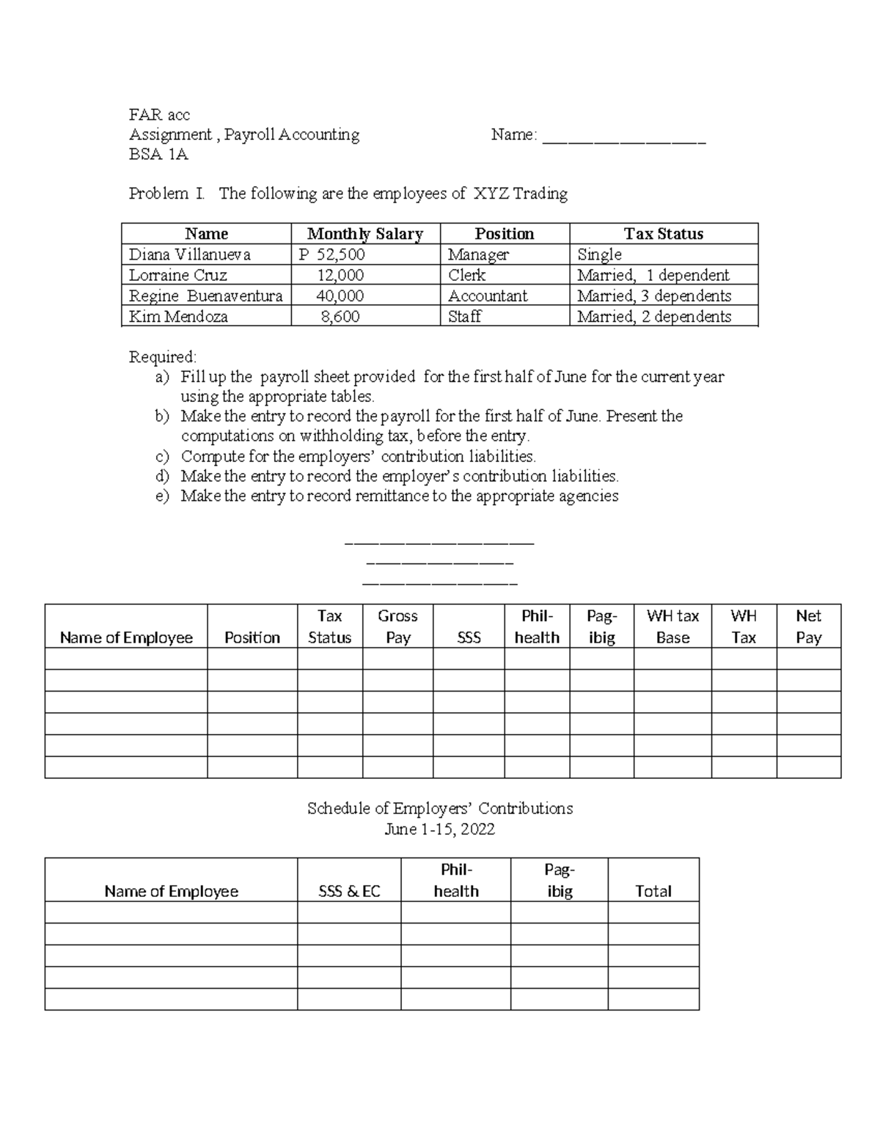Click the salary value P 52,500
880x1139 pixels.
tap(331, 254)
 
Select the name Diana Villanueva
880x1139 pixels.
tap(190, 254)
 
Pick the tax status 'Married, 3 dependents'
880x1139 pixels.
tap(654, 296)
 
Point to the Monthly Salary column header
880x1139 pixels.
tap(365, 234)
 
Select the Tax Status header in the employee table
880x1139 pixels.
tap(664, 234)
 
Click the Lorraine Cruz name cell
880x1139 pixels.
tap(178, 275)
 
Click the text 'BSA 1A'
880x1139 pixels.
tap(158, 154)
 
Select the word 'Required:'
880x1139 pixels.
tap(163, 357)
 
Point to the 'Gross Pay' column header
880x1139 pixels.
tap(397, 626)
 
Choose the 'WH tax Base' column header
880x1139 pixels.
tap(672, 626)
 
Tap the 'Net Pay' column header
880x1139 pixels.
tap(808, 626)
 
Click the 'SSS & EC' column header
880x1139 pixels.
tap(349, 891)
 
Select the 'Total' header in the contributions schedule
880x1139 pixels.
tap(653, 891)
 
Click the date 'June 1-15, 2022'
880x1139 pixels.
tap(440, 829)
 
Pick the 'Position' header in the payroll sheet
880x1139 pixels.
tap(252, 637)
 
